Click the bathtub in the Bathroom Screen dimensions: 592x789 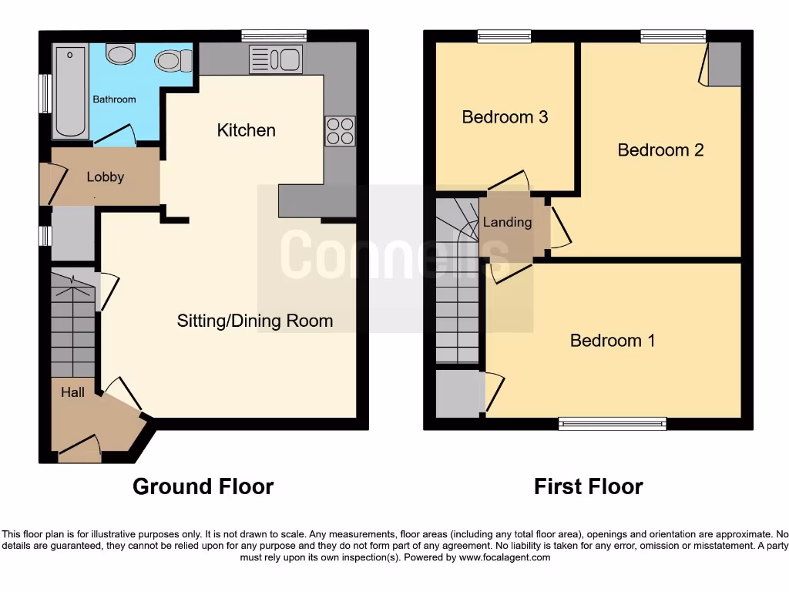coord(70,91)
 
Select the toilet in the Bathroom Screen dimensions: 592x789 coord(170,59)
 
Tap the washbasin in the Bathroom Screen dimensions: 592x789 coord(119,53)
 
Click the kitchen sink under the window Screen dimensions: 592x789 coord(276,59)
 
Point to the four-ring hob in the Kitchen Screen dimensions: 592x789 coord(341,130)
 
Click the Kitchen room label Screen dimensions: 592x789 coord(246,130)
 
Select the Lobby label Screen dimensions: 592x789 coord(106,177)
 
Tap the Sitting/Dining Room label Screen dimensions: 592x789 coord(255,321)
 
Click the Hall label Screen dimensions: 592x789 coord(73,392)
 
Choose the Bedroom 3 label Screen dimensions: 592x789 coord(505,117)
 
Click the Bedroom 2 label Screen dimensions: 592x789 coord(660,150)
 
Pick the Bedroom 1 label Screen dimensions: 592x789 coord(613,340)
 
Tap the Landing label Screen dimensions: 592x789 coord(507,222)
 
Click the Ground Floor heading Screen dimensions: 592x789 coord(203,486)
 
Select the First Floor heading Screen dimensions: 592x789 coord(588,486)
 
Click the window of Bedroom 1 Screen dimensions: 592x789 coord(612,422)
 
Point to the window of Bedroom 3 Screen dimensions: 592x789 coord(504,35)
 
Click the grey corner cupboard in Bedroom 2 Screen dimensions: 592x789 coord(724,65)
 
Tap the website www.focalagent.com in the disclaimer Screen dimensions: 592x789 coord(505,557)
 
